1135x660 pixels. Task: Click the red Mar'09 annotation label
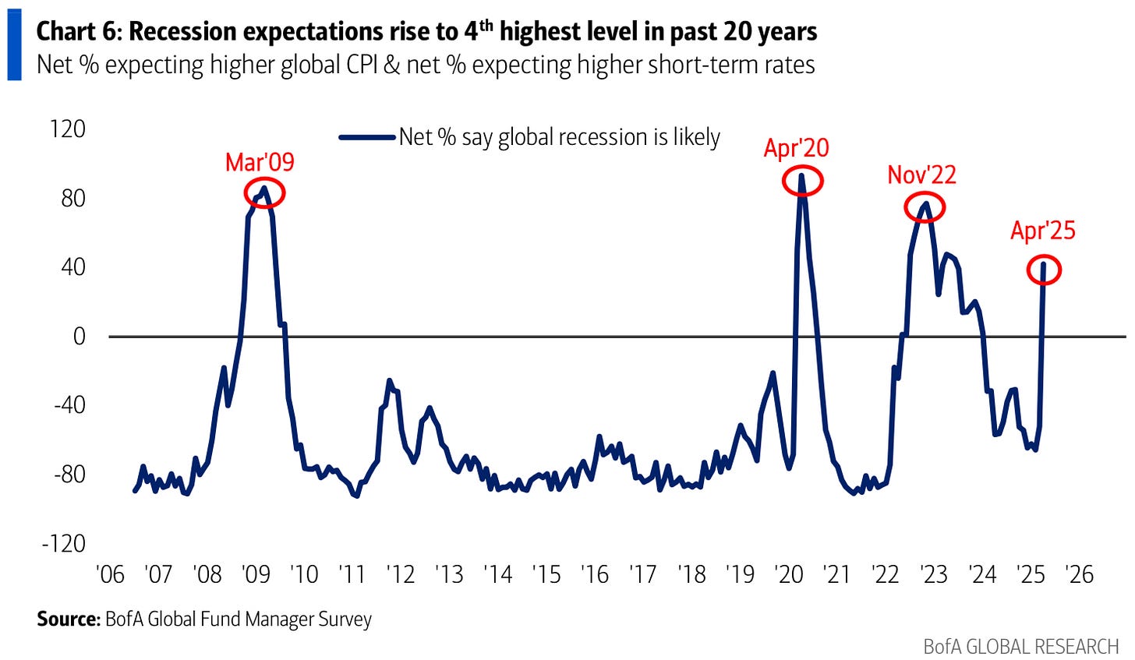tap(260, 162)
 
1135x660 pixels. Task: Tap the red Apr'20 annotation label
tap(796, 148)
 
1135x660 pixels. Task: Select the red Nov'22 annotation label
tap(921, 175)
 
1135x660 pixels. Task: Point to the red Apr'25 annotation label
tap(1042, 231)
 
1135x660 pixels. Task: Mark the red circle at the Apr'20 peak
tap(801, 181)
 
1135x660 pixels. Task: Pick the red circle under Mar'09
tap(264, 192)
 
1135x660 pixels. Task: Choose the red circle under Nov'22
tap(925, 206)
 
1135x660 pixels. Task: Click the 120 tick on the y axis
tap(67, 129)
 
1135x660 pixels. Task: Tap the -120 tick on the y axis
tap(64, 543)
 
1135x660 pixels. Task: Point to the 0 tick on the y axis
tap(79, 336)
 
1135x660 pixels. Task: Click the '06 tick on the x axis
tap(110, 575)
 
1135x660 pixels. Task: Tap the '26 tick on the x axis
tap(1079, 575)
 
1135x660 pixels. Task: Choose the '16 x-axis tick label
tap(595, 575)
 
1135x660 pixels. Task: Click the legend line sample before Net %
tap(367, 138)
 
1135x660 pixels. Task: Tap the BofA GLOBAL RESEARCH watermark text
tap(1020, 646)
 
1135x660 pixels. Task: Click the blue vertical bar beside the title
tap(14, 46)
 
